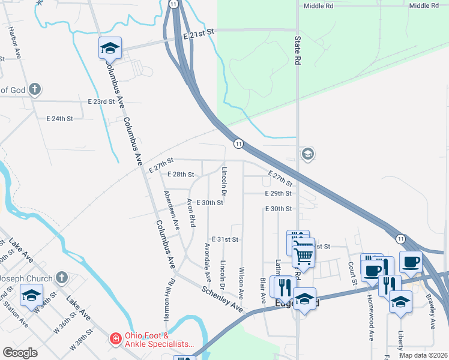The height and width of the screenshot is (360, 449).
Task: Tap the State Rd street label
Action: point(297,50)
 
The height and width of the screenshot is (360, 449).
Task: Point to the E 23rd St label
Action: point(101,102)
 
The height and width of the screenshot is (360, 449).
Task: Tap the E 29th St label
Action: point(279,194)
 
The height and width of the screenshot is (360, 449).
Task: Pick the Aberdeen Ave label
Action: point(172,210)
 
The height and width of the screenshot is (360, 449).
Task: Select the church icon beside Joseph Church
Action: point(61,277)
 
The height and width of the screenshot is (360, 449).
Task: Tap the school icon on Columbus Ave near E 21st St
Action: point(110,48)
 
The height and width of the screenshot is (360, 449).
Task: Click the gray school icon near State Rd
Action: point(308,154)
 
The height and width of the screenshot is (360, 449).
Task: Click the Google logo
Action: point(20,353)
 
